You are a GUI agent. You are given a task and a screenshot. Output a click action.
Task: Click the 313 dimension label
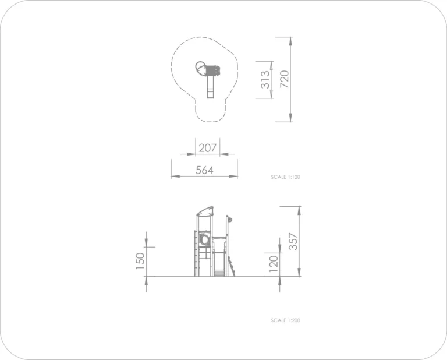pos(265,80)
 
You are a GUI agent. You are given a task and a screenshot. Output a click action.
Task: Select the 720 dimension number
pos(284,79)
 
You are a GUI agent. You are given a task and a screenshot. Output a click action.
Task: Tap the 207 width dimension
pos(208,148)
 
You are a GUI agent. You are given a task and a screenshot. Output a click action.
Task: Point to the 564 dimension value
pos(204,170)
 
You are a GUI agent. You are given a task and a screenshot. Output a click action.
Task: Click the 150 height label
pos(140,261)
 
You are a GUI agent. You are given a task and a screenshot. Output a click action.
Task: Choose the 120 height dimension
pos(274,264)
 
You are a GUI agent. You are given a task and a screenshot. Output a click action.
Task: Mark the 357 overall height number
pos(293,242)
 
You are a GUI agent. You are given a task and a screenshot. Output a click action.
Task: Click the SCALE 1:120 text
pos(285,177)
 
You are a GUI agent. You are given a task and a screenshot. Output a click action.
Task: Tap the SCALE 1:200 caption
pos(285,320)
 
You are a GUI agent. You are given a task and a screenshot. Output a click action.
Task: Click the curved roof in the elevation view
pos(205,211)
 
